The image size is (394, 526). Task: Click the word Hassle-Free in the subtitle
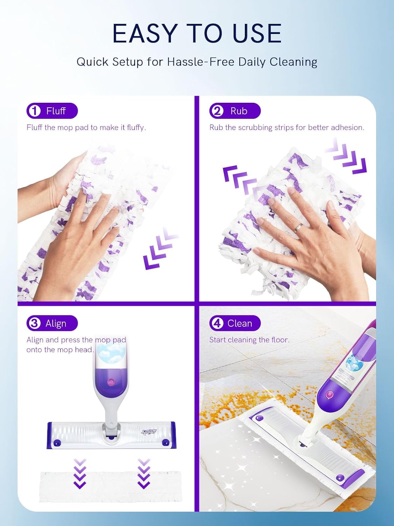(200, 62)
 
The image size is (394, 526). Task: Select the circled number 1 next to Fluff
(35, 111)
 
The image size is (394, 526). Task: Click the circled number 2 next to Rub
(217, 111)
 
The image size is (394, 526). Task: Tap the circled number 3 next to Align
(35, 323)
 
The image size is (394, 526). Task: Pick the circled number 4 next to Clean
(217, 323)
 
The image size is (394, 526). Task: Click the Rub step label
(239, 111)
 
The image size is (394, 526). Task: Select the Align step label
(56, 324)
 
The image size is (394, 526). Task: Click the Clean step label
(240, 324)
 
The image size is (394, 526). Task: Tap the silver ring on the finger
(298, 228)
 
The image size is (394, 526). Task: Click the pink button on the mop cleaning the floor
(330, 394)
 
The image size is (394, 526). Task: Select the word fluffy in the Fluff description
(136, 128)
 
